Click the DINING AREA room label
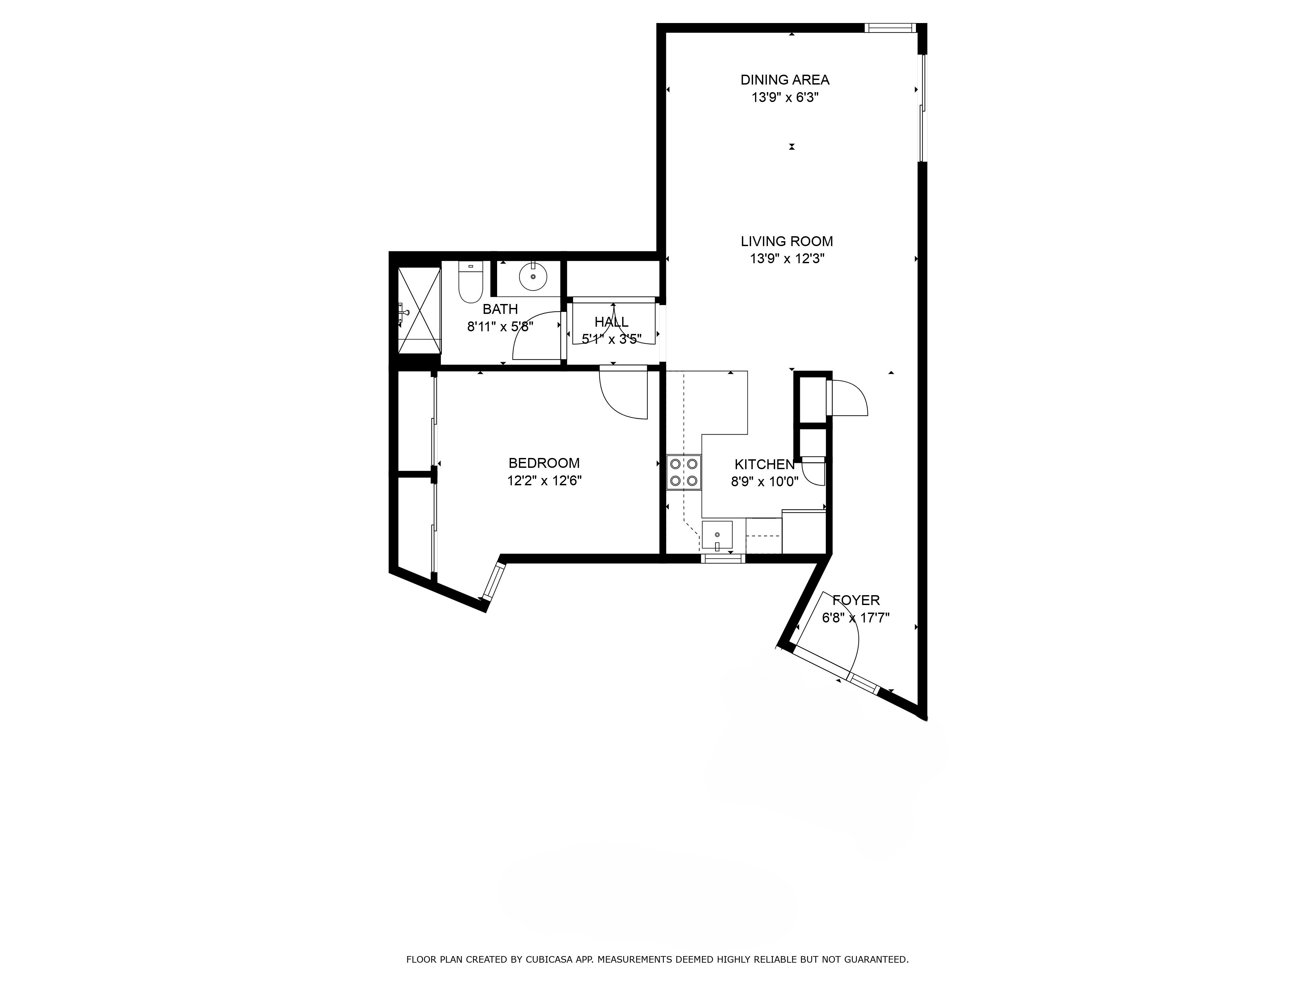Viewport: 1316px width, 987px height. point(785,80)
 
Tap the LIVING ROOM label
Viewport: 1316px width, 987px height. point(787,241)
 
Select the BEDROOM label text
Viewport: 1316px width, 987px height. point(544,463)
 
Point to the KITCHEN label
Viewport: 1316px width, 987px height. point(765,465)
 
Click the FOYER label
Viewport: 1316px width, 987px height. point(855,600)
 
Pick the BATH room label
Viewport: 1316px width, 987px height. point(500,309)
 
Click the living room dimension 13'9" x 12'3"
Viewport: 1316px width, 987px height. point(787,259)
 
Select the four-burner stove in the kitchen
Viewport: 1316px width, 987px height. point(684,472)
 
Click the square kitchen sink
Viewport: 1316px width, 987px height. point(717,535)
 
